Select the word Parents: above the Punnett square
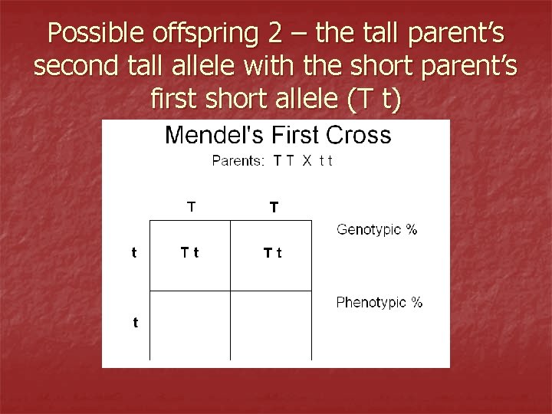[238, 160]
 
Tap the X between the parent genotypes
[305, 160]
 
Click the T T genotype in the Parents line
[282, 160]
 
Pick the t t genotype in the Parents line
[326, 160]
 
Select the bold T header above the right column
[274, 206]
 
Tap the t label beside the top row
[135, 251]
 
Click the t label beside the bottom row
[135, 323]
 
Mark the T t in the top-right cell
[272, 252]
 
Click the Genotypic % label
[377, 229]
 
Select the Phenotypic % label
[379, 302]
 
